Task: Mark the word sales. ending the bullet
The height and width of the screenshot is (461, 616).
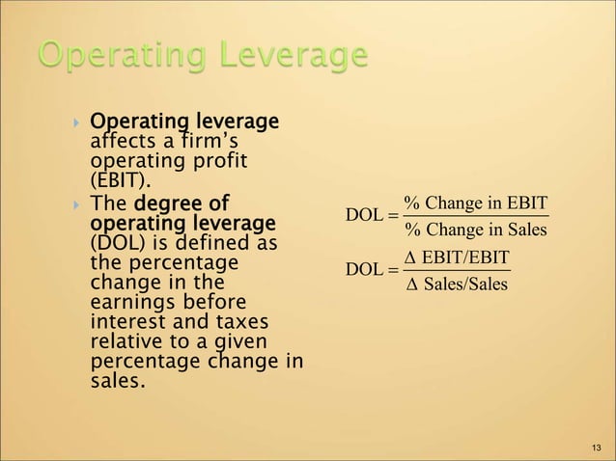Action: pos(118,382)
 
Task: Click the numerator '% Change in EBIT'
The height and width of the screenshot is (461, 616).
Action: pos(475,203)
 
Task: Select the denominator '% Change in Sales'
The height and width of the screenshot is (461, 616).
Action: pos(475,229)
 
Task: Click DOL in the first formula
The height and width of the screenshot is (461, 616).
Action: pos(363,216)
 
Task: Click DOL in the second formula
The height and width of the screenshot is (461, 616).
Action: pos(363,270)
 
